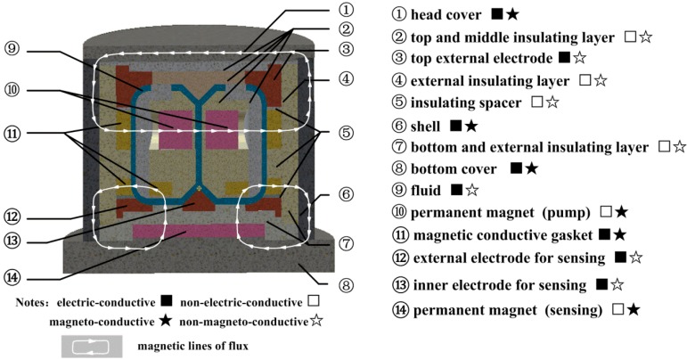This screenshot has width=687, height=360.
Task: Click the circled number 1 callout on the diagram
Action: coord(347,12)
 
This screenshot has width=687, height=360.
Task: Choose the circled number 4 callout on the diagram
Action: coord(347,78)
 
